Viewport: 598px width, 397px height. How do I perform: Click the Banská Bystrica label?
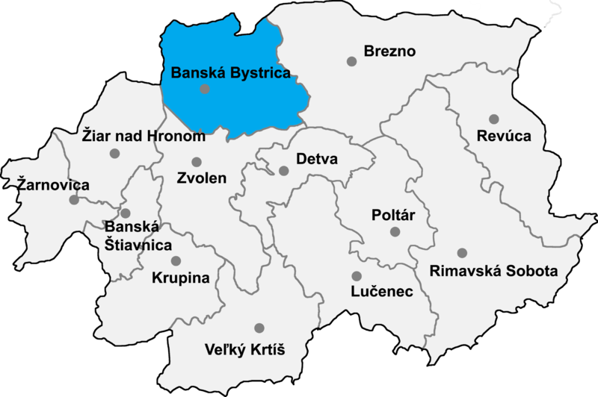[x=230, y=73]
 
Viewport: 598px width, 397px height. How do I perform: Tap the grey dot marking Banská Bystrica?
[x=205, y=90]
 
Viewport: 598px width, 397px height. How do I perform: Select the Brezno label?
[x=389, y=51]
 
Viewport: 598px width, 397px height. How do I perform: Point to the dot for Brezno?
[x=351, y=61]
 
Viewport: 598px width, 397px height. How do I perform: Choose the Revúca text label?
[x=504, y=136]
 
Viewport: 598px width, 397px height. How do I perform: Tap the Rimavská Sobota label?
[x=494, y=270]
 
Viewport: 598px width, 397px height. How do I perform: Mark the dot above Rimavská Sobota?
[x=462, y=253]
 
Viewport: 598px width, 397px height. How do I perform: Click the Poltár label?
[x=393, y=215]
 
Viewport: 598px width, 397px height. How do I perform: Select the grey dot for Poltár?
[x=395, y=232]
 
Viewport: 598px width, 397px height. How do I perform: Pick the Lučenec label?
[x=382, y=292]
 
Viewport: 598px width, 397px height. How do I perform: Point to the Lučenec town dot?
[x=356, y=275]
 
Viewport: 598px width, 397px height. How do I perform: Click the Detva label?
[x=317, y=160]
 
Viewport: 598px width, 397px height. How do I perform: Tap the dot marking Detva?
[x=283, y=171]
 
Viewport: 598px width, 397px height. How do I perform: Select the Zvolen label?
[x=202, y=179]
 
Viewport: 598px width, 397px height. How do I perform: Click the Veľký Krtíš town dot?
[x=259, y=328]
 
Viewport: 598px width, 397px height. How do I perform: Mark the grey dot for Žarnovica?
[x=73, y=200]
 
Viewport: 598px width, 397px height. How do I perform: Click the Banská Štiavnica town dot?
[x=126, y=213]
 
